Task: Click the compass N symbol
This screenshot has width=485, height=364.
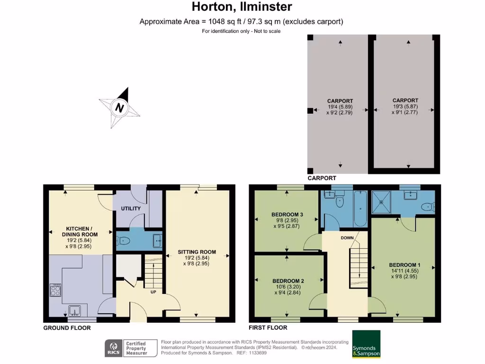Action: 119,108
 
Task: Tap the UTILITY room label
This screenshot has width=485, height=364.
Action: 131,209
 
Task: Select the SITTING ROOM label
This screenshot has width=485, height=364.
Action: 197,252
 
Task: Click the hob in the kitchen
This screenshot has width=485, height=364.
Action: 55,290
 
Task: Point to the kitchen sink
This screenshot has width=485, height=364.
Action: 74,310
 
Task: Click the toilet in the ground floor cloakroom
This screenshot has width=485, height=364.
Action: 123,240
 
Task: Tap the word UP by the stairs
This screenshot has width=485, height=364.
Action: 153,292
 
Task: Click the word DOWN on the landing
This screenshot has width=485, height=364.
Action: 347,238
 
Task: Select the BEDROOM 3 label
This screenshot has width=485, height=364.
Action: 287,215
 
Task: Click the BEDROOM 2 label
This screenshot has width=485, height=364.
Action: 288,281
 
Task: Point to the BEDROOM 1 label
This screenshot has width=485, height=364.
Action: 404,265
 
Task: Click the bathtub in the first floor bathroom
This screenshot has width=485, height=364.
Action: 360,209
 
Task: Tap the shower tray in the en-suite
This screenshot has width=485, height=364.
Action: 381,202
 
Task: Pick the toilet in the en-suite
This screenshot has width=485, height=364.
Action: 428,207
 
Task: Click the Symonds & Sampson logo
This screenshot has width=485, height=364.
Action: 366,344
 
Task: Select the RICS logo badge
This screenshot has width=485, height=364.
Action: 114,348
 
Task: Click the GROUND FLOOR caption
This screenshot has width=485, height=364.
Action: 67,328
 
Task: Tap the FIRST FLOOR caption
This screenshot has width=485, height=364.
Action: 268,328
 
